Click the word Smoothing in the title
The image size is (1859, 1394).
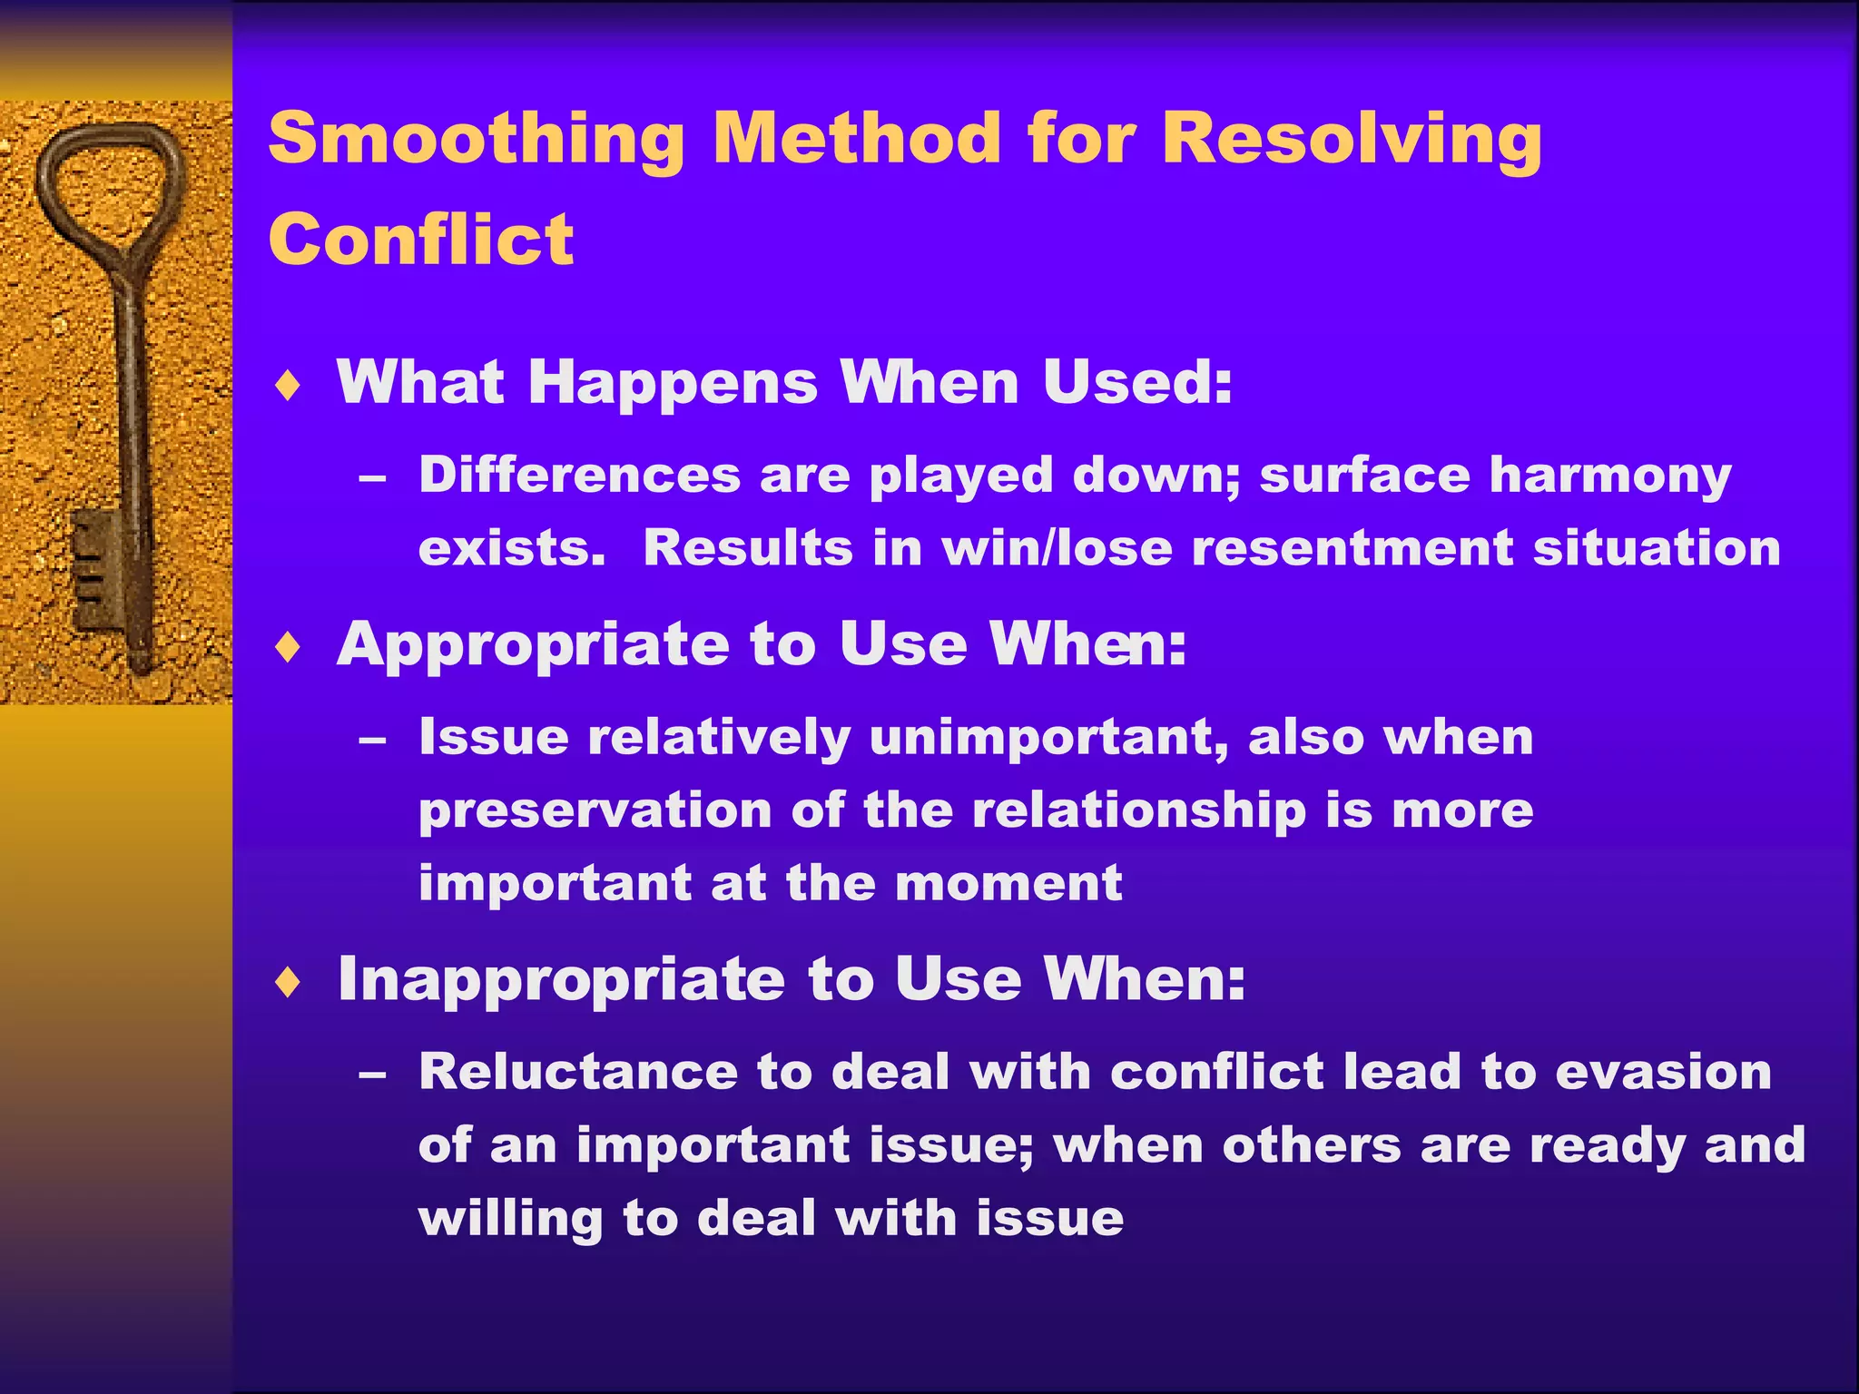click(476, 140)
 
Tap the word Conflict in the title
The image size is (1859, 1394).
click(421, 240)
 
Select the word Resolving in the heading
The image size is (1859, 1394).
click(1351, 140)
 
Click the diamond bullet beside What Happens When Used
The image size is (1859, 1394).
click(288, 386)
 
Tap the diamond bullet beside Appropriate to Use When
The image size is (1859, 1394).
click(288, 648)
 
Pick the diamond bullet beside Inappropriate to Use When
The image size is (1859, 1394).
click(288, 982)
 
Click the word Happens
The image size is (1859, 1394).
click(673, 383)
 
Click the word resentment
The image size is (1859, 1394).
click(1352, 548)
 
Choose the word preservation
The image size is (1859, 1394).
click(595, 810)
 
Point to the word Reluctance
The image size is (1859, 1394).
click(578, 1071)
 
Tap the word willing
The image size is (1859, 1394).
click(510, 1218)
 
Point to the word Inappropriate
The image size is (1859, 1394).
click(561, 980)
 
